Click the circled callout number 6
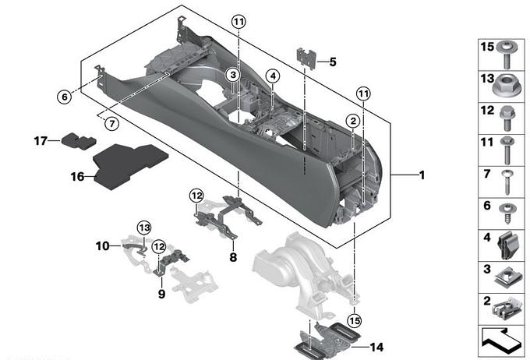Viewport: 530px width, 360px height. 64,97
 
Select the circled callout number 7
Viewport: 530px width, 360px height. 112,124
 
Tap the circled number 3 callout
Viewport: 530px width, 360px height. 233,75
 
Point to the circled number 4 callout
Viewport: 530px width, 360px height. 273,76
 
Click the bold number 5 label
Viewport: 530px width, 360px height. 333,62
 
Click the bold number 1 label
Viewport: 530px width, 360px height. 422,175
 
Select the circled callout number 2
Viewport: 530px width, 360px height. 353,121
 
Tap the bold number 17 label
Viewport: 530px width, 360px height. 41,140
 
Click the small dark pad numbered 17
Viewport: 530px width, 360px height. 79,141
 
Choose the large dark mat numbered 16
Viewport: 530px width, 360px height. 130,166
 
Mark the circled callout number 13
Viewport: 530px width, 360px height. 144,228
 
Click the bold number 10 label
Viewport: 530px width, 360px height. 102,245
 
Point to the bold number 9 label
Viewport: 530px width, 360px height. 161,294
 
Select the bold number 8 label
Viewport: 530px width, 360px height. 233,257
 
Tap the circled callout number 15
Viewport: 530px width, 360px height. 355,320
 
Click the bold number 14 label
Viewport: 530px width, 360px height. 377,348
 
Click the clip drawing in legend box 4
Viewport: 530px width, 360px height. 507,245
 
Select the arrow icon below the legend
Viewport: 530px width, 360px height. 502,340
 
